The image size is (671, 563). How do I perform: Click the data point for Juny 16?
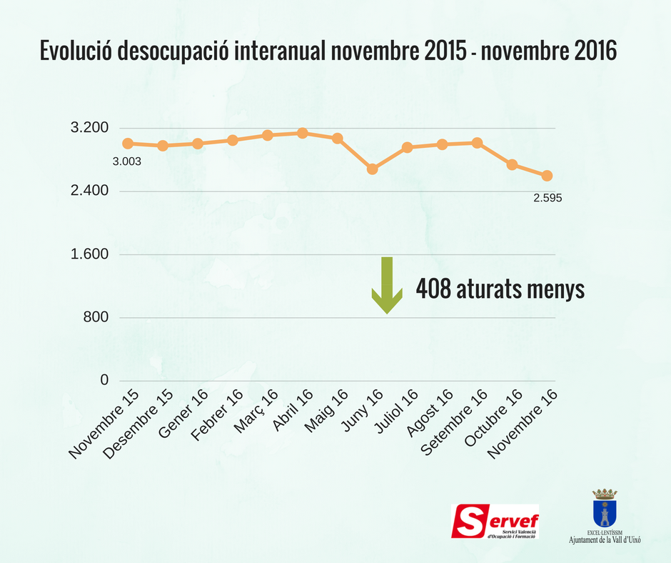[372, 169]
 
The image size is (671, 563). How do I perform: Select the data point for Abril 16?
[303, 133]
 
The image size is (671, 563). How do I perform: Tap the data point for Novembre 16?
[547, 176]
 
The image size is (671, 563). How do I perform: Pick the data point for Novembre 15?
[128, 144]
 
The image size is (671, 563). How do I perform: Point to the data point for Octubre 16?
[512, 164]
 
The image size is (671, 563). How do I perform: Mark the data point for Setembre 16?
[477, 143]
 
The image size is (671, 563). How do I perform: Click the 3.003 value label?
[127, 161]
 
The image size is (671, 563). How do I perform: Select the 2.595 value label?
[548, 197]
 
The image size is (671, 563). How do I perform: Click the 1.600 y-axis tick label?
[90, 254]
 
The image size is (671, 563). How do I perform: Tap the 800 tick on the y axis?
[96, 317]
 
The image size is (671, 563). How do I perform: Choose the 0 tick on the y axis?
[104, 380]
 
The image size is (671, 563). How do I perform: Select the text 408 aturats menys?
[500, 289]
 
